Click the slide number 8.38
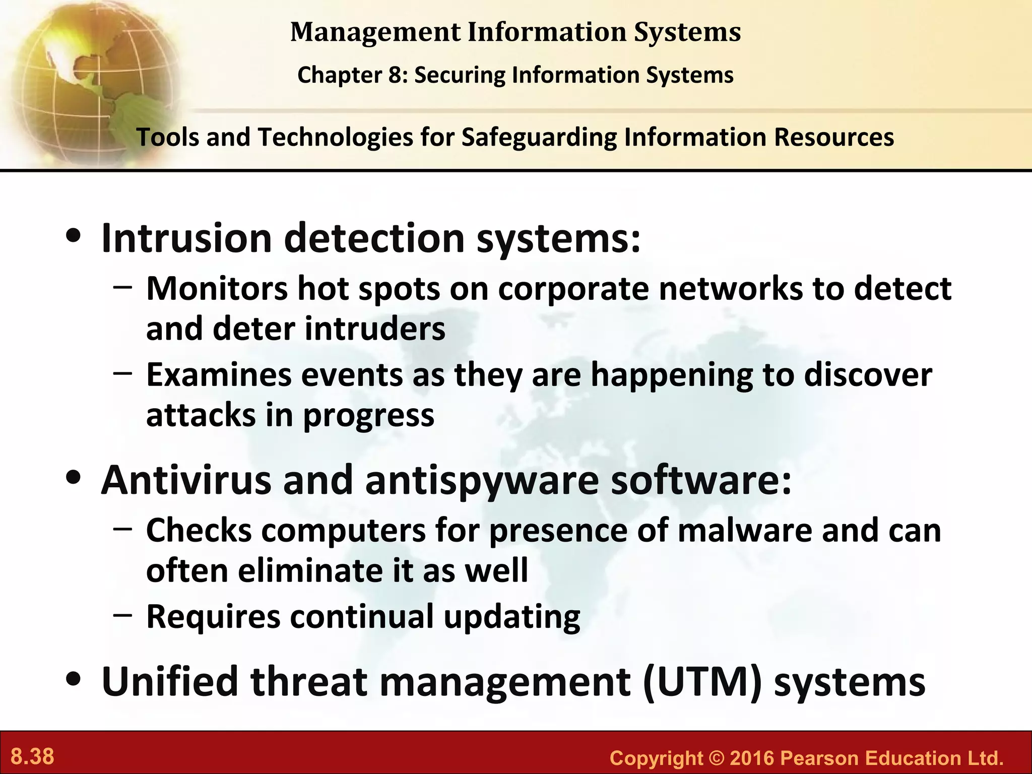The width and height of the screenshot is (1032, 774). (x=33, y=757)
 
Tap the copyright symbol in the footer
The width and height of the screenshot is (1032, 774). (x=717, y=758)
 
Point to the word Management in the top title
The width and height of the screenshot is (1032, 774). (x=375, y=32)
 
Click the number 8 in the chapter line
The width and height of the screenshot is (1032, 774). (x=394, y=76)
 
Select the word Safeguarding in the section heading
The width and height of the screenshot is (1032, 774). (x=539, y=138)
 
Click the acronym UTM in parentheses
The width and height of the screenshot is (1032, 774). (x=702, y=681)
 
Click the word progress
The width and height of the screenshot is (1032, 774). (x=368, y=416)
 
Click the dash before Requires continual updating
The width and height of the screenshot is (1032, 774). (x=123, y=614)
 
